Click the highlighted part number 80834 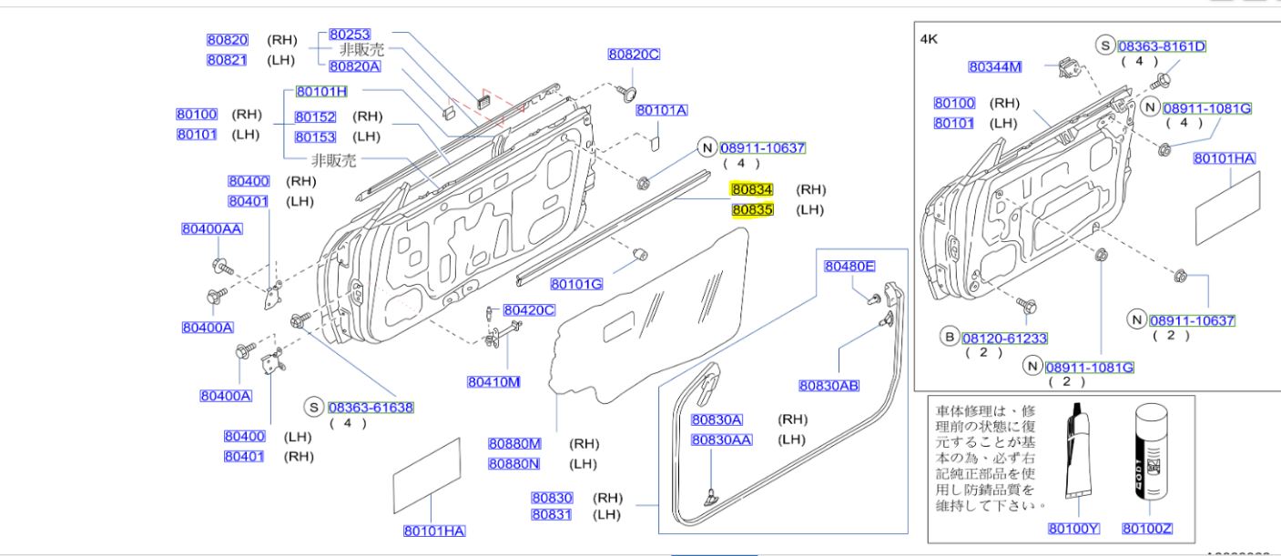tap(752, 190)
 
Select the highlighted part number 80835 tap(752, 209)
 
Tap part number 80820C tap(634, 55)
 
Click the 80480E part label tap(849, 267)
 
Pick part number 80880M tap(514, 444)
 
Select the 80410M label tap(493, 382)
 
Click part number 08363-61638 tap(371, 409)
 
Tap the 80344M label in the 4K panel tap(995, 66)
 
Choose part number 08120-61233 tap(1004, 339)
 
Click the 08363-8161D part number tap(1162, 46)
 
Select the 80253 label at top tap(350, 35)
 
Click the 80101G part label tap(576, 285)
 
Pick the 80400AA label tap(211, 229)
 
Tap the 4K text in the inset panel tap(929, 39)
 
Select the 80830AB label tap(829, 386)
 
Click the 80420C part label tap(529, 310)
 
